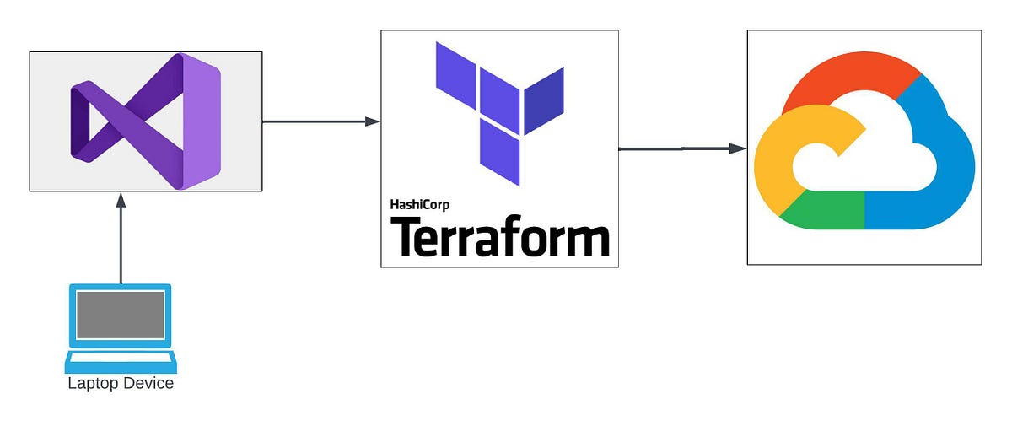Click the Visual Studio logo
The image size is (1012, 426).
click(x=145, y=121)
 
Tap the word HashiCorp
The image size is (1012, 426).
click(x=420, y=205)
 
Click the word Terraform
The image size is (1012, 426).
click(x=500, y=236)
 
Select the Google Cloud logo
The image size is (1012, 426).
click(x=864, y=141)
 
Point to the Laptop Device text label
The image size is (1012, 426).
click(x=121, y=383)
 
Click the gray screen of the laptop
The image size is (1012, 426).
click(x=120, y=315)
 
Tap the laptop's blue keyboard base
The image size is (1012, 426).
click(x=121, y=361)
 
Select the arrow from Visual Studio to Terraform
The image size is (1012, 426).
click(x=321, y=121)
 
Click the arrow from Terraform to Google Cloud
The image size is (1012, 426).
click(x=682, y=148)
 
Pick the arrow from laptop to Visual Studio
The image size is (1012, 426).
click(x=121, y=238)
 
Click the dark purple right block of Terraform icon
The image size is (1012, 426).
click(x=544, y=101)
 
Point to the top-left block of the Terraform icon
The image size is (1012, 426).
click(x=455, y=75)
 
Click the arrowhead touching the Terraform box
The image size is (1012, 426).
click(x=372, y=121)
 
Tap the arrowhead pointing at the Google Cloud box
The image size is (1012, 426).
click(x=738, y=148)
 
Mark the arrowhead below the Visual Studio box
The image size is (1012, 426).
click(x=121, y=201)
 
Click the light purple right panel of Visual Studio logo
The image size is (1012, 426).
click(x=202, y=121)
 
